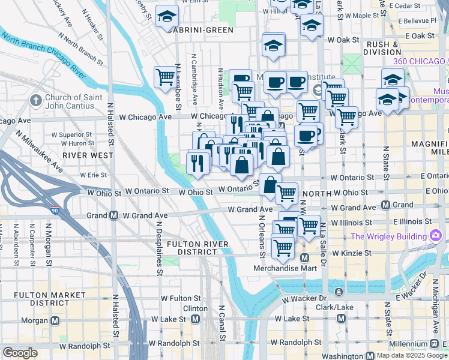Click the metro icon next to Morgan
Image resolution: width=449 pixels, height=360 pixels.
pyautogui.click(x=55, y=320)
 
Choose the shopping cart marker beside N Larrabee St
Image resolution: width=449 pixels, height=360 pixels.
pyautogui.click(x=165, y=77)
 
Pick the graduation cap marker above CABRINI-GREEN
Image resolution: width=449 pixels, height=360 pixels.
pyautogui.click(x=167, y=16)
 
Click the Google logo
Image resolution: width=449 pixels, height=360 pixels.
pyautogui.click(x=20, y=353)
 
